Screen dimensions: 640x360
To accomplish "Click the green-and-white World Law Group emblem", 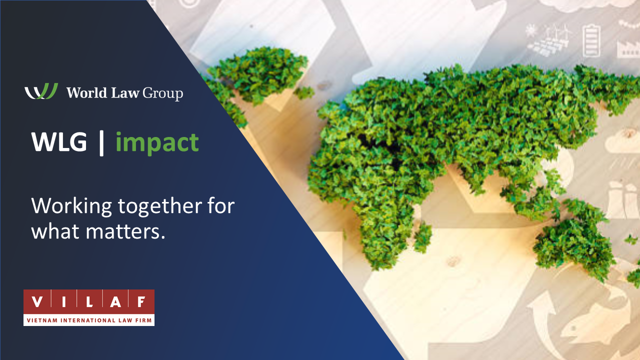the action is coord(41,91).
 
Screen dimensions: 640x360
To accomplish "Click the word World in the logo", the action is coord(87,92).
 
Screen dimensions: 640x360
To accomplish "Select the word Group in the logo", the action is coord(163,93).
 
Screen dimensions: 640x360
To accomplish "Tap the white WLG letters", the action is coord(59,141).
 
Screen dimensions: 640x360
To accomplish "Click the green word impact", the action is coord(157,143).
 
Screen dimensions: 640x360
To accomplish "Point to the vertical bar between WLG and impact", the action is coord(101,143).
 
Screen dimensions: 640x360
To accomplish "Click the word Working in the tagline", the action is coord(71,206).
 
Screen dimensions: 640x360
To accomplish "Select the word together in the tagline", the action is coord(160,206).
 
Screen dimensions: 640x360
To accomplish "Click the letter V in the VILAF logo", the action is coord(37,301).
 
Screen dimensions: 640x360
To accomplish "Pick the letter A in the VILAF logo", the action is coord(115,301).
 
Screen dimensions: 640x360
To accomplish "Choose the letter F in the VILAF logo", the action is coord(141,301).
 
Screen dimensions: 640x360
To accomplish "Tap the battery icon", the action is coord(591,40).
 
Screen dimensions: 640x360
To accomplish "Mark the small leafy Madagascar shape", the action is coord(423,237).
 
